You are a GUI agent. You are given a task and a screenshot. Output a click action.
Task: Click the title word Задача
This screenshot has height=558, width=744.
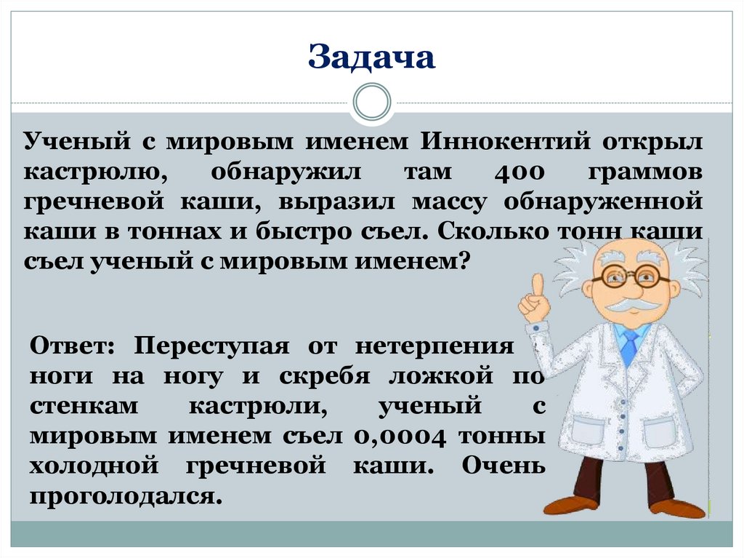click(x=371, y=57)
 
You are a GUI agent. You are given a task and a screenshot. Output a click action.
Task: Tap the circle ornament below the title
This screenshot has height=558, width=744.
click(x=372, y=102)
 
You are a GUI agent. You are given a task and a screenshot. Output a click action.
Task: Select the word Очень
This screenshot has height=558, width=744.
click(x=503, y=466)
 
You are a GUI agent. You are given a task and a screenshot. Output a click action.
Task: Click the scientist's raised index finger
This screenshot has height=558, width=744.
click(x=537, y=285)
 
